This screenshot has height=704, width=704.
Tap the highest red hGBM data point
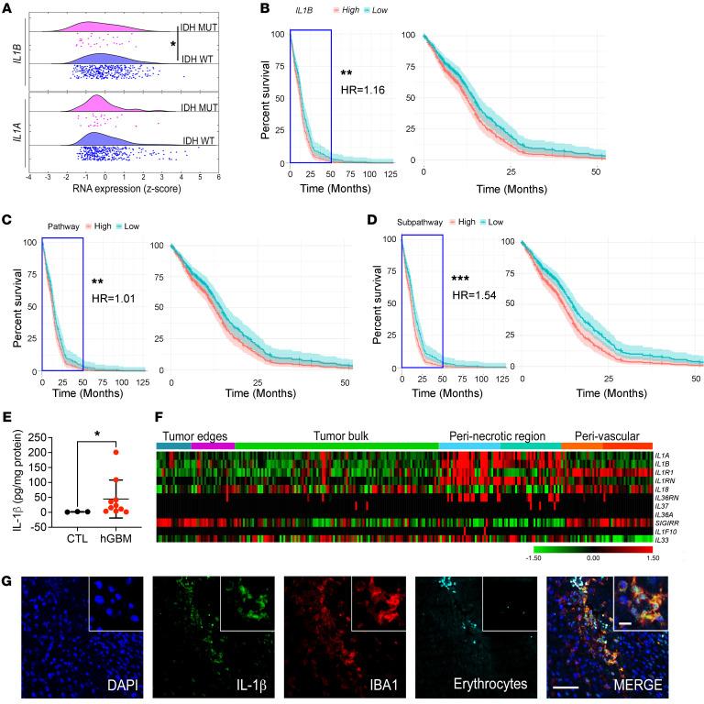(117, 452)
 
